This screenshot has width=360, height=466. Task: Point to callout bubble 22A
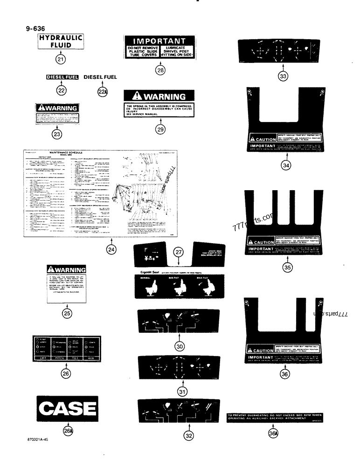point(102,92)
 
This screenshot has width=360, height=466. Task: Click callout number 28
point(160,70)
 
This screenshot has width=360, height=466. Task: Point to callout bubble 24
point(111,249)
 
